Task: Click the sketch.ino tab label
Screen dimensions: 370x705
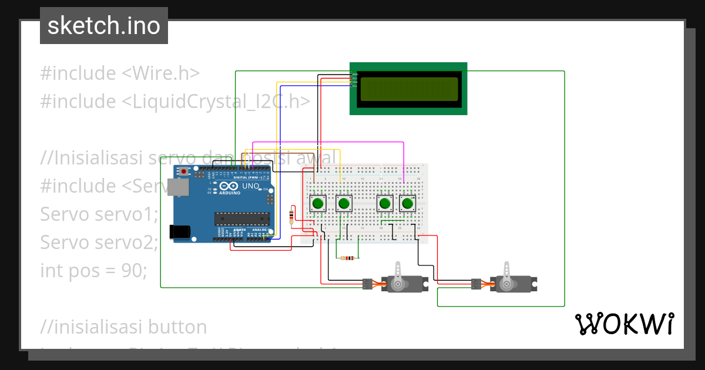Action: click(x=104, y=26)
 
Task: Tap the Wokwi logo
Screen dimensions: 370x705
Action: click(x=624, y=324)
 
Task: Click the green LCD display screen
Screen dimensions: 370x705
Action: click(x=409, y=89)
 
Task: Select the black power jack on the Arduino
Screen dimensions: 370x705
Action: click(x=180, y=232)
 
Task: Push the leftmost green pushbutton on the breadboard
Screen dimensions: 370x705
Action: click(x=318, y=204)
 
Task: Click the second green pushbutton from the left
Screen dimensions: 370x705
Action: click(x=344, y=204)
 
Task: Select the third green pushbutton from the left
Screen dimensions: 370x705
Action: click(x=385, y=204)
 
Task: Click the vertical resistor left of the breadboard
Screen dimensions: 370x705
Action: click(x=292, y=216)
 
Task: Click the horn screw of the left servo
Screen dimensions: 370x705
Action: click(x=398, y=284)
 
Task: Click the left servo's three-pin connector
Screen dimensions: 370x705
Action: click(x=367, y=284)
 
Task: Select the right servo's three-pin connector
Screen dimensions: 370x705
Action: click(x=475, y=284)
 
